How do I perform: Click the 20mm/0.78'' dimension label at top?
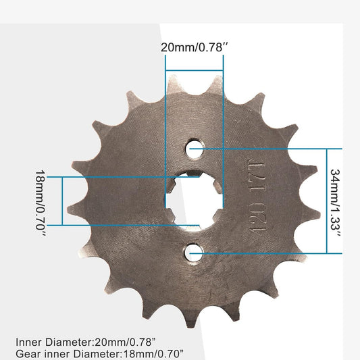(194, 47)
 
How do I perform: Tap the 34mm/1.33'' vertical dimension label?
(336, 201)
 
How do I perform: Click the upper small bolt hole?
(194, 149)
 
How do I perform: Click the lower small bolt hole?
(193, 253)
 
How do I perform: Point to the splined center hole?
(194, 201)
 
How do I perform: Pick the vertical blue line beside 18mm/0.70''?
(62, 201)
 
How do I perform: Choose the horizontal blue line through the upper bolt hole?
(270, 149)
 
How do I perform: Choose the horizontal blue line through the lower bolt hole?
(270, 253)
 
